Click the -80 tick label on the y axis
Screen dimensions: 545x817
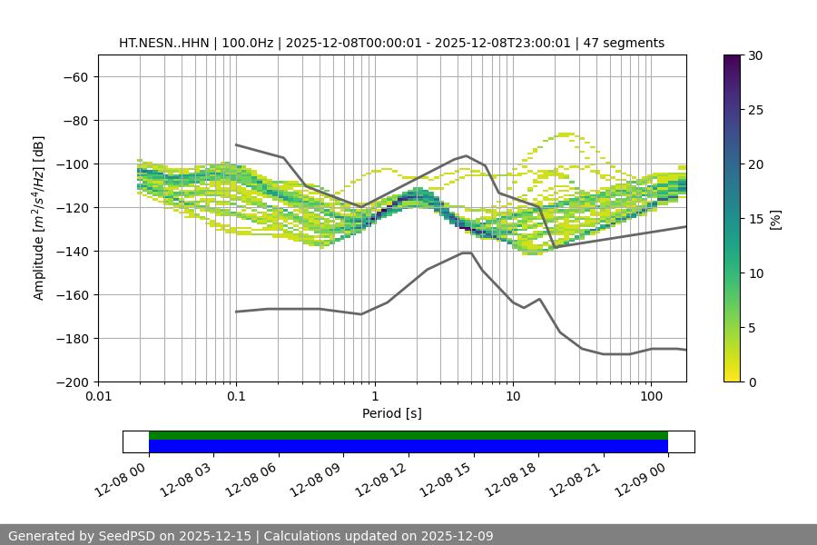(x=75, y=120)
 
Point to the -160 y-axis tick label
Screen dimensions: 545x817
(x=72, y=294)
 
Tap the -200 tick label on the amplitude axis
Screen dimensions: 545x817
(x=72, y=381)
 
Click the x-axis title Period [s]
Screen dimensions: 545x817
(x=392, y=414)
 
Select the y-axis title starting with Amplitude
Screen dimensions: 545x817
(x=39, y=219)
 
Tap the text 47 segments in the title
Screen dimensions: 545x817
(x=624, y=43)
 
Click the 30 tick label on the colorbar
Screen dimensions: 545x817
(x=754, y=55)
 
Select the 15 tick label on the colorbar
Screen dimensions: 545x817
(x=754, y=219)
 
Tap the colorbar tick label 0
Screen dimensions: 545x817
(x=751, y=381)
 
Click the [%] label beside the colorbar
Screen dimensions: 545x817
(x=775, y=219)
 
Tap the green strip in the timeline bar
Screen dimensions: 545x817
(x=408, y=435)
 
